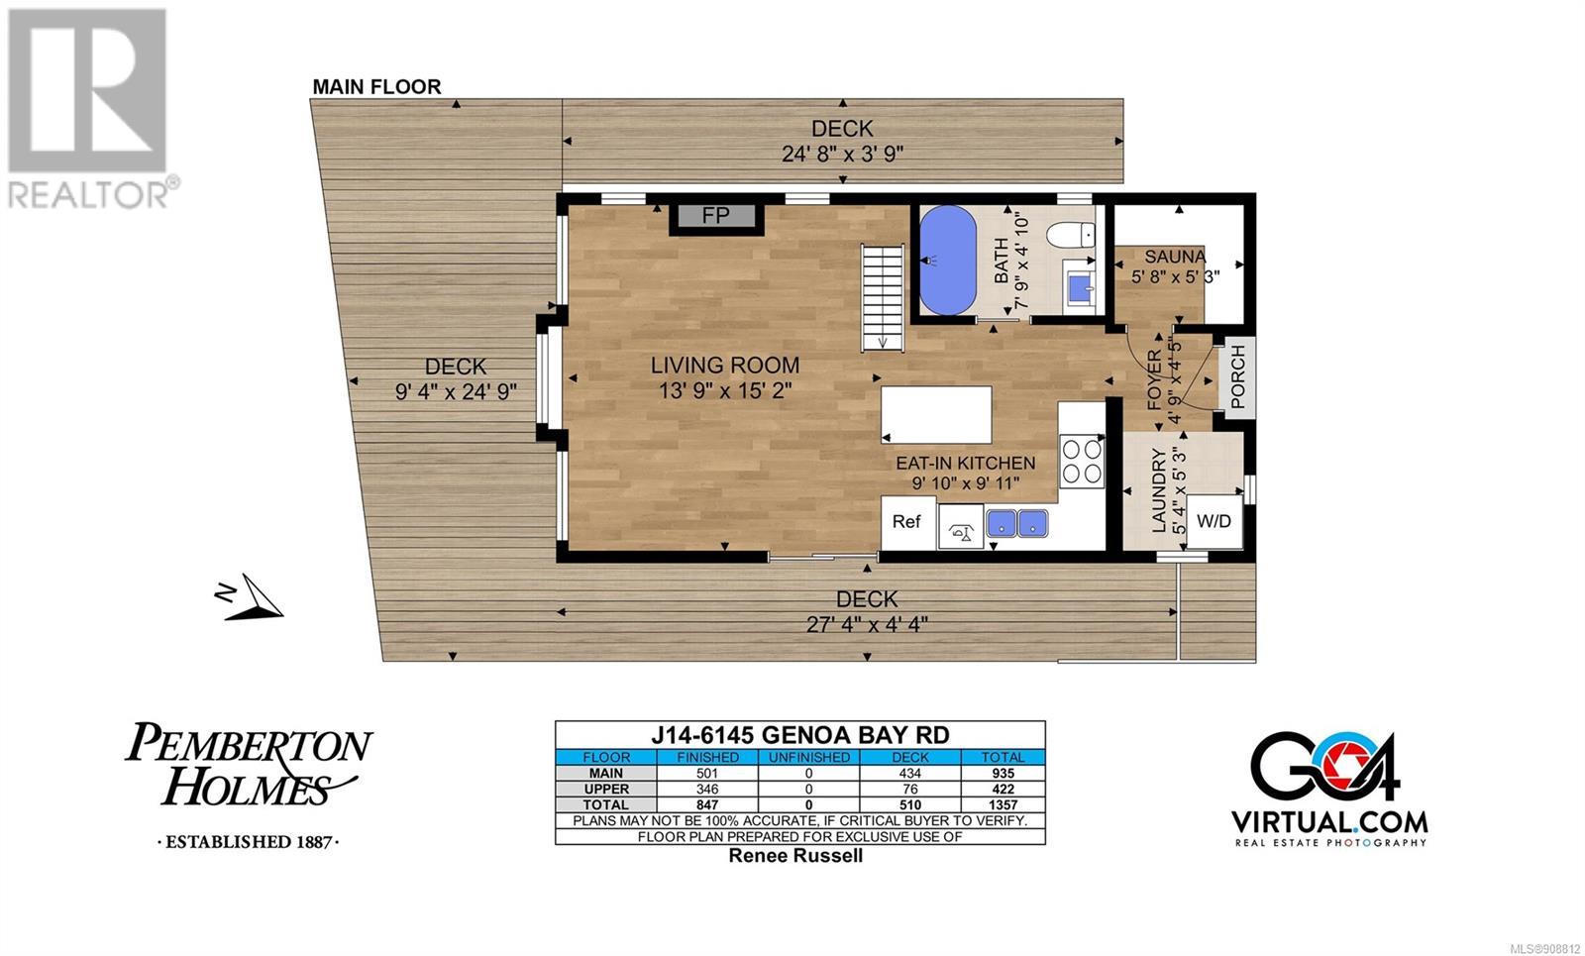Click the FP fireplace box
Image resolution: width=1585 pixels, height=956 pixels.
point(716,215)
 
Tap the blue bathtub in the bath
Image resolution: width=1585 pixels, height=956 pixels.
point(947,260)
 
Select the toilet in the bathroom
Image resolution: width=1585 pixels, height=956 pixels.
point(1071,235)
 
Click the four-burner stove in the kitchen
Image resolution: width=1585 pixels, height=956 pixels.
point(1081,461)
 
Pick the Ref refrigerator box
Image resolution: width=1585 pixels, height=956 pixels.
point(907,522)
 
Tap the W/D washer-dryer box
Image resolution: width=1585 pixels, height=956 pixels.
point(1215,521)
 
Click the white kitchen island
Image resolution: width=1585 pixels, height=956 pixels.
point(936,415)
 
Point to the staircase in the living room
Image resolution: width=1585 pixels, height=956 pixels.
point(883,297)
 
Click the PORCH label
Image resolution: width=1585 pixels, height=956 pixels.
point(1237,375)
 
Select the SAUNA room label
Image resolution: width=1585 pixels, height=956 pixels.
point(1175,257)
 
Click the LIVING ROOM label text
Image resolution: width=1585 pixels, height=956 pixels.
point(724,366)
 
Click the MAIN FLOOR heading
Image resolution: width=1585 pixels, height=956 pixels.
point(376,87)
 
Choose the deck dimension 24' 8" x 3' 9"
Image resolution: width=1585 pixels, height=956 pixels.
point(842,155)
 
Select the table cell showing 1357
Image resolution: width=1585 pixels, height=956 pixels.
point(1003,804)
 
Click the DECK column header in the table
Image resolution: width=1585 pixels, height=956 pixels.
point(910,757)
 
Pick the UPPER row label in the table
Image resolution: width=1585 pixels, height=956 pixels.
point(606,789)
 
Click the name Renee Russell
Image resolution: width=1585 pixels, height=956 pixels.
point(795,856)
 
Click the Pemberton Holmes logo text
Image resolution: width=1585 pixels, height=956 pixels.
point(249,764)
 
